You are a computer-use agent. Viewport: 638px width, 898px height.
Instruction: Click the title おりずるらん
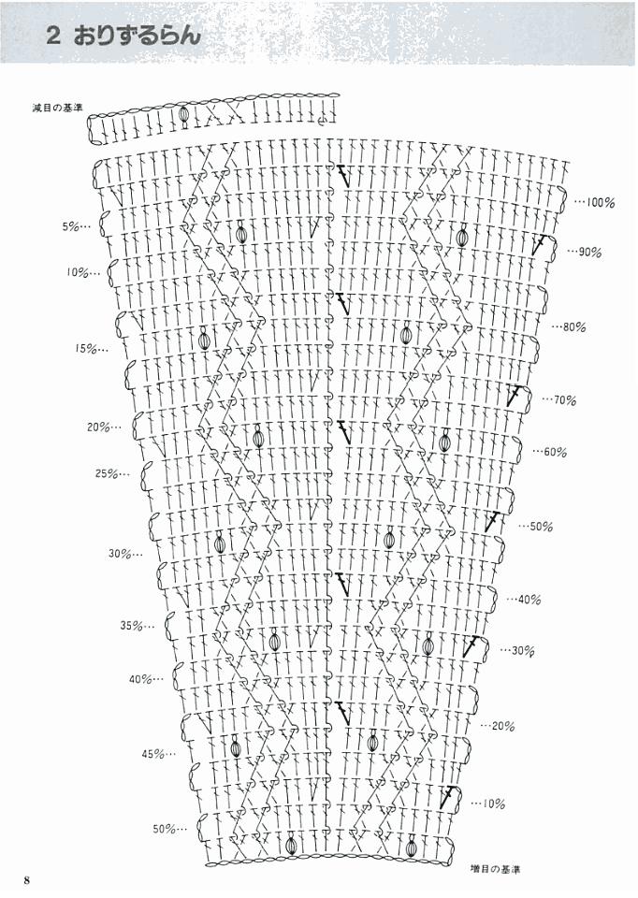(x=139, y=36)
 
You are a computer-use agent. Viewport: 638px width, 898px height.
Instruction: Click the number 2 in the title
(x=54, y=36)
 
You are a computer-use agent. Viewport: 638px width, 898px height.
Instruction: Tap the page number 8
(x=28, y=879)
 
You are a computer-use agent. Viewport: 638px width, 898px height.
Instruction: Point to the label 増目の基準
(x=498, y=868)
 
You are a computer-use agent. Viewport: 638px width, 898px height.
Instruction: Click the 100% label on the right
(x=600, y=202)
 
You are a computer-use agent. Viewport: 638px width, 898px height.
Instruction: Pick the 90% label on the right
(x=590, y=253)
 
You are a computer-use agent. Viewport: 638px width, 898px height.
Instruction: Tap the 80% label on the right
(x=574, y=327)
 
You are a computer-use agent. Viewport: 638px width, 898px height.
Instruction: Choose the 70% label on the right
(x=565, y=400)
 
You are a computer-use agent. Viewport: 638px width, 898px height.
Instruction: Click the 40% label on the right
(x=529, y=599)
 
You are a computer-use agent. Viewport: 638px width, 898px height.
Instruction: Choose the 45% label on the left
(x=154, y=754)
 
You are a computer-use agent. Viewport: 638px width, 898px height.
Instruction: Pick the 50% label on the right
(x=542, y=527)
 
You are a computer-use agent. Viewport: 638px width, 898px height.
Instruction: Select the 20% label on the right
(x=504, y=726)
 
